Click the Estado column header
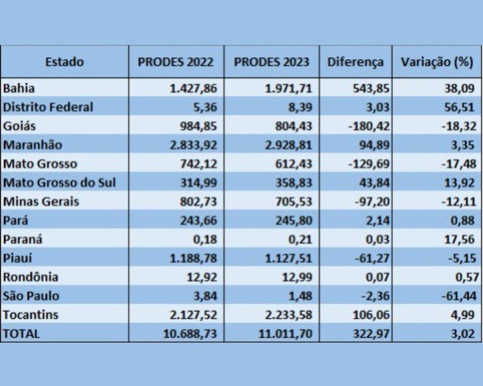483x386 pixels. click(x=64, y=62)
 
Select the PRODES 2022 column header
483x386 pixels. click(x=175, y=62)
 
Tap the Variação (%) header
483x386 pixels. click(x=436, y=62)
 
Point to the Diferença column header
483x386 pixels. click(x=355, y=62)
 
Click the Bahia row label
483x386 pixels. click(x=19, y=88)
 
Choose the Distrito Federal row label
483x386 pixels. click(x=48, y=107)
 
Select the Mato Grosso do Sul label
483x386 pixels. click(x=59, y=183)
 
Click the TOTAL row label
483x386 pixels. click(x=21, y=334)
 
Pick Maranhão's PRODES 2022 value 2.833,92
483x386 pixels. click(x=193, y=145)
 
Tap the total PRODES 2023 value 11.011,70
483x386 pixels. click(x=285, y=334)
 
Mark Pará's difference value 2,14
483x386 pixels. click(x=371, y=221)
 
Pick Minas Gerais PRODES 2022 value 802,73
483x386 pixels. click(x=199, y=202)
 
